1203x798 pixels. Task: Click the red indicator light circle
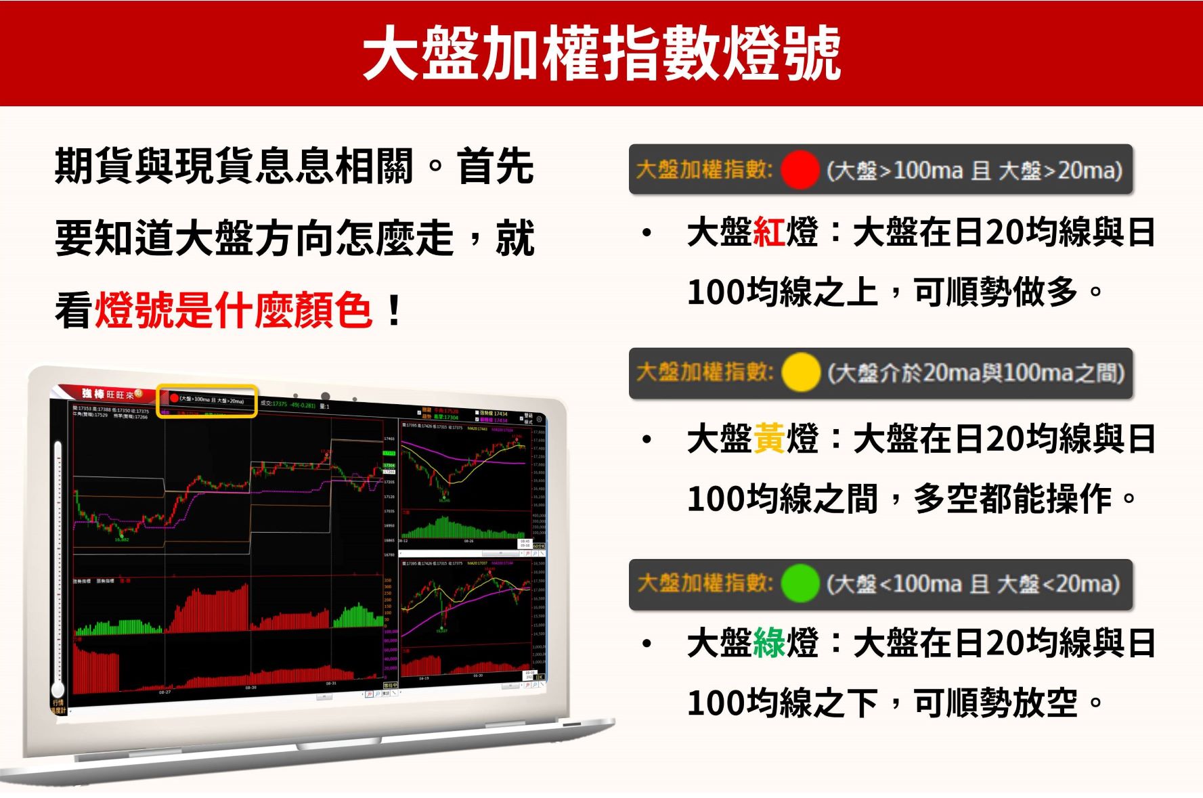(800, 170)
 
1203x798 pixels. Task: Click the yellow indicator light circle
(801, 372)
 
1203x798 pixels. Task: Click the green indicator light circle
(800, 583)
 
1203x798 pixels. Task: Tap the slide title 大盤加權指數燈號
(601, 53)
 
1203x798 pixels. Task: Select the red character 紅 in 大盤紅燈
(768, 232)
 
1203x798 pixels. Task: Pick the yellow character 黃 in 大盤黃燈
(768, 439)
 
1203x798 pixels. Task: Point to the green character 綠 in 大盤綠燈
(768, 643)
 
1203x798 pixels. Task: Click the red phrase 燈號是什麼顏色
(233, 311)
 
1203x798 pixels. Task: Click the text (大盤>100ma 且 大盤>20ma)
(974, 170)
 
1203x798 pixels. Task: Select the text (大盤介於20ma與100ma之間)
(976, 372)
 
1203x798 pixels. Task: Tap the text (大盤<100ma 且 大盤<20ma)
(973, 583)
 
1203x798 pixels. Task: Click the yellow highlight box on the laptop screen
(207, 401)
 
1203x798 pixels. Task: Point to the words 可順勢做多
(995, 292)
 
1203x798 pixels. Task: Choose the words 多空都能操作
(1012, 499)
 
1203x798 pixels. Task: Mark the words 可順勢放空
(995, 703)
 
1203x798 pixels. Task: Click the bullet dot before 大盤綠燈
(647, 644)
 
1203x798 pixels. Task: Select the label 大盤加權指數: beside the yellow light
(704, 372)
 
